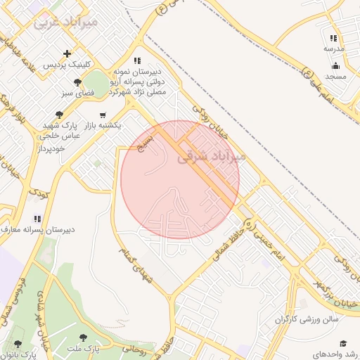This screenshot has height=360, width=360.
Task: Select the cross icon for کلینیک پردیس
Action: coord(67,53)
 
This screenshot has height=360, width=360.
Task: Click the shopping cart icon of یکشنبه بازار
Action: coord(103,115)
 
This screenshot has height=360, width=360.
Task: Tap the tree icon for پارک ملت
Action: coord(84,337)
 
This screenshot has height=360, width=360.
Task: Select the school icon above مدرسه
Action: coord(333,39)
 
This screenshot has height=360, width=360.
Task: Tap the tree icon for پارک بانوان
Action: coord(17,344)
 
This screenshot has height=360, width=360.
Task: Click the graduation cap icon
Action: coord(343,343)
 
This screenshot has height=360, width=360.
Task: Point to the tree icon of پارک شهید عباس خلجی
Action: coord(60,115)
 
